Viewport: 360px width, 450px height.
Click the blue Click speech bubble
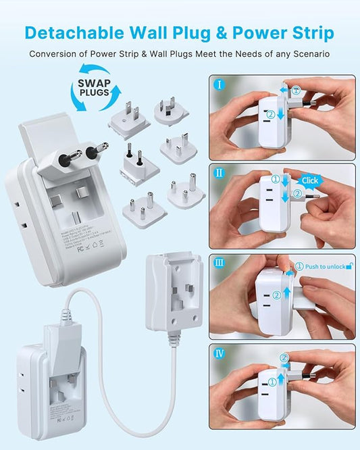(309, 180)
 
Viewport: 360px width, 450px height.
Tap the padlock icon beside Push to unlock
(349, 266)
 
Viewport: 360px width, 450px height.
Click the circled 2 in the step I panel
(270, 115)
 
